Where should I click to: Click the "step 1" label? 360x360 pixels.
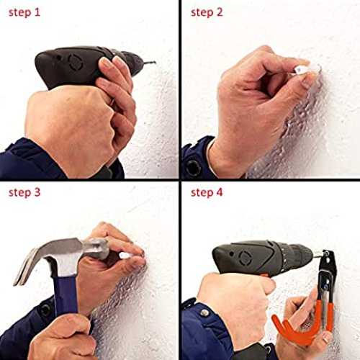tap(24, 13)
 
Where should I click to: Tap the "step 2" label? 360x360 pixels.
tap(207, 13)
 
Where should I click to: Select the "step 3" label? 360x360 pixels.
tap(24, 193)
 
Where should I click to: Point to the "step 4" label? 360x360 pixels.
tap(207, 193)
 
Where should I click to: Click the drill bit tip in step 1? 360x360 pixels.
tap(155, 63)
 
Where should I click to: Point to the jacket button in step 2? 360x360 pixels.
tap(193, 167)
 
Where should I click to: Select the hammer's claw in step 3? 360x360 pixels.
tap(27, 266)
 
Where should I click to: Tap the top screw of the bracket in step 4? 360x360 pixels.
tap(326, 253)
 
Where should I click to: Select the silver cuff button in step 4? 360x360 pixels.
tap(204, 312)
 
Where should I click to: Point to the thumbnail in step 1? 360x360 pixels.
tap(107, 63)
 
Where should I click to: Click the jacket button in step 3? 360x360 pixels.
tap(45, 310)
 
